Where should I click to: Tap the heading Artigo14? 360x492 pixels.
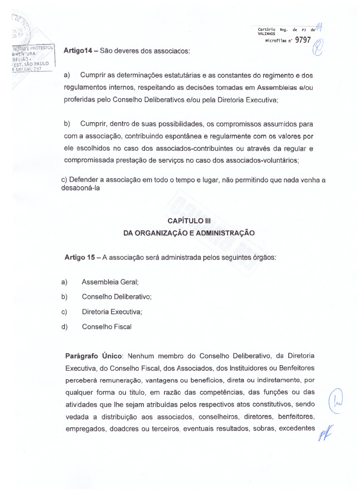click(78, 50)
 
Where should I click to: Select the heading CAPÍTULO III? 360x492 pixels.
click(189, 221)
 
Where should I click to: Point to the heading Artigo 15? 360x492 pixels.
click(79, 258)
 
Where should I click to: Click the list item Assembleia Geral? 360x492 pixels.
click(110, 282)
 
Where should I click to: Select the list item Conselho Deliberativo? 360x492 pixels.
click(117, 297)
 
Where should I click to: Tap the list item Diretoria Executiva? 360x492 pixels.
click(112, 312)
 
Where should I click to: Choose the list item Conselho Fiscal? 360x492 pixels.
click(106, 327)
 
